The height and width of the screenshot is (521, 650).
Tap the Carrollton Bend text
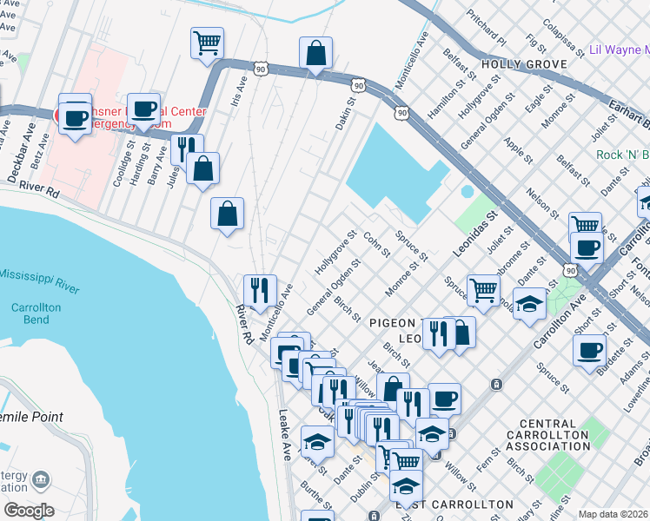pos(36,314)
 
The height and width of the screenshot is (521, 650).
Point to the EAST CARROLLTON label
pos(454,505)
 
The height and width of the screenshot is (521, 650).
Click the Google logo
pos(29,511)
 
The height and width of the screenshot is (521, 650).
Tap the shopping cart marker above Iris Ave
pos(208,43)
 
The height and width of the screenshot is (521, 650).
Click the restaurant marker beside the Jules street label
pos(187,149)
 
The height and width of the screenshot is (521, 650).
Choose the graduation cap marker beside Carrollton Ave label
pos(528,305)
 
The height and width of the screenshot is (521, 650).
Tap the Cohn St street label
pos(375,245)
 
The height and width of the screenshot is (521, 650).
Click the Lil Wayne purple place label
pos(619,50)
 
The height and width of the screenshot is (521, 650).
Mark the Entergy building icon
pos(40,478)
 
